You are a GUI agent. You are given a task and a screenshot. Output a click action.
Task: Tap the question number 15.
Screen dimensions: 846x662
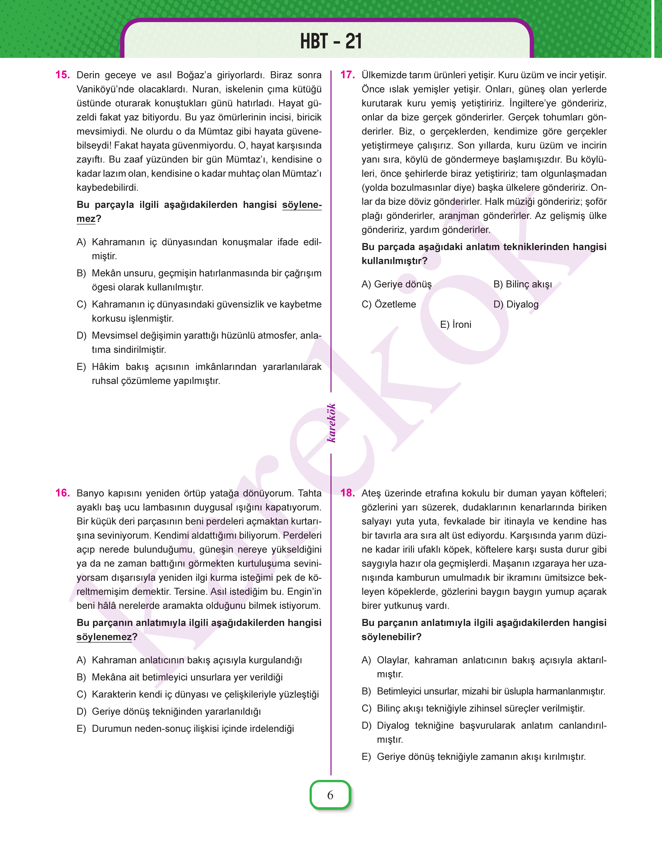click(x=62, y=75)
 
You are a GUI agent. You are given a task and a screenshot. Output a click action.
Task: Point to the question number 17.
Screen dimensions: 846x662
click(x=348, y=75)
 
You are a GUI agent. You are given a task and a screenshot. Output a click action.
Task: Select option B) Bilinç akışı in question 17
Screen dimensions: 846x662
click(x=523, y=284)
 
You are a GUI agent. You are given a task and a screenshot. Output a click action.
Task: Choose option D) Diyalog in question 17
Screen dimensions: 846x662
click(x=516, y=304)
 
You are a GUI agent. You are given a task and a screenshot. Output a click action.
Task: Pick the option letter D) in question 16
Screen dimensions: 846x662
click(x=81, y=712)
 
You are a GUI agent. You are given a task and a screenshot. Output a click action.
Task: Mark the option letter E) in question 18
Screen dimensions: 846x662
click(x=366, y=756)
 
